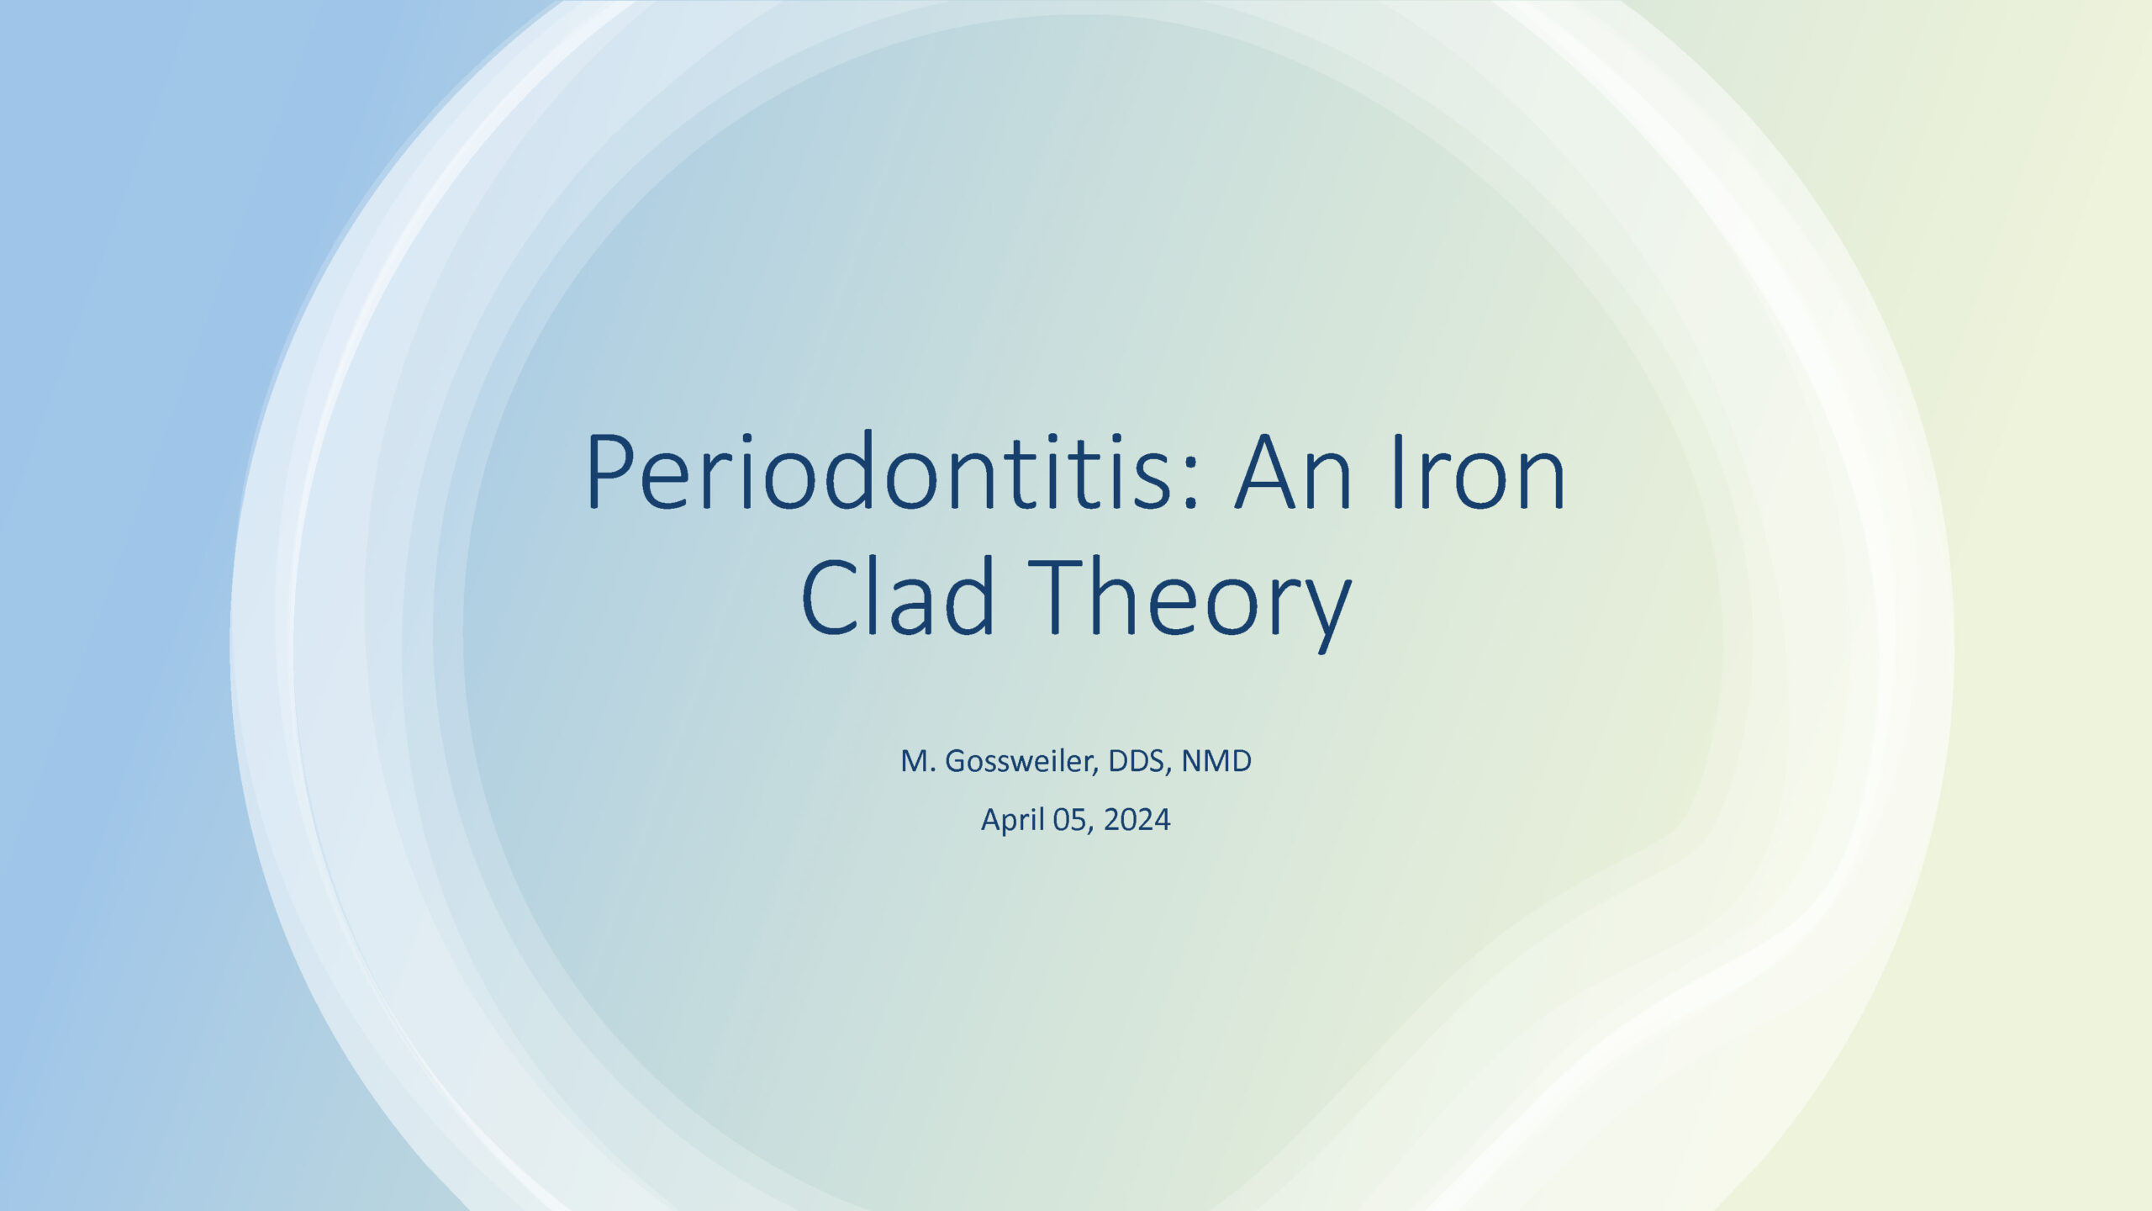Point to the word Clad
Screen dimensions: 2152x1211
[898, 595]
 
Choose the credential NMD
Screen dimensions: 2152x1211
[1216, 762]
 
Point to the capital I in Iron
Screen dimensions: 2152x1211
[1398, 472]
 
